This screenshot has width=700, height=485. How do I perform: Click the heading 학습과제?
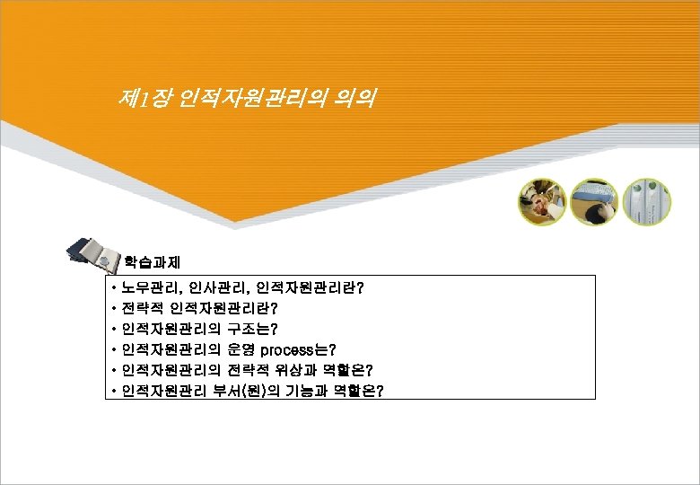click(x=153, y=262)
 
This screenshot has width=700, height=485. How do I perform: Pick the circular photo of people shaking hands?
click(x=541, y=202)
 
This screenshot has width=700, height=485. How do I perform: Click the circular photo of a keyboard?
click(x=593, y=201)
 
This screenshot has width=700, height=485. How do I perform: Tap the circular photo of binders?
click(x=645, y=201)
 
